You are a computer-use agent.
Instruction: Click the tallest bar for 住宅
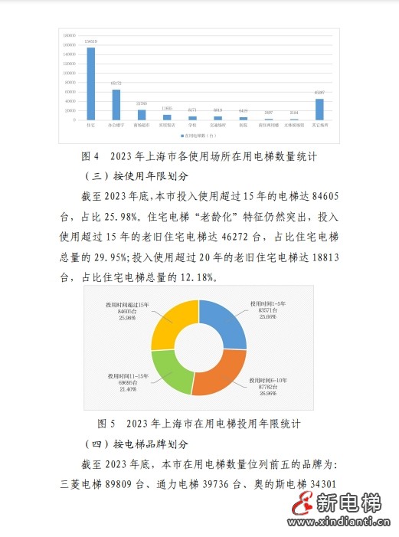coord(91,83)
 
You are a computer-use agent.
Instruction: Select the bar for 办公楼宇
coord(116,104)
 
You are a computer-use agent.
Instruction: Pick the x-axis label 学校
coord(192,125)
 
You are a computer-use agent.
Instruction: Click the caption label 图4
coord(90,156)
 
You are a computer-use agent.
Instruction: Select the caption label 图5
coord(107,424)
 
